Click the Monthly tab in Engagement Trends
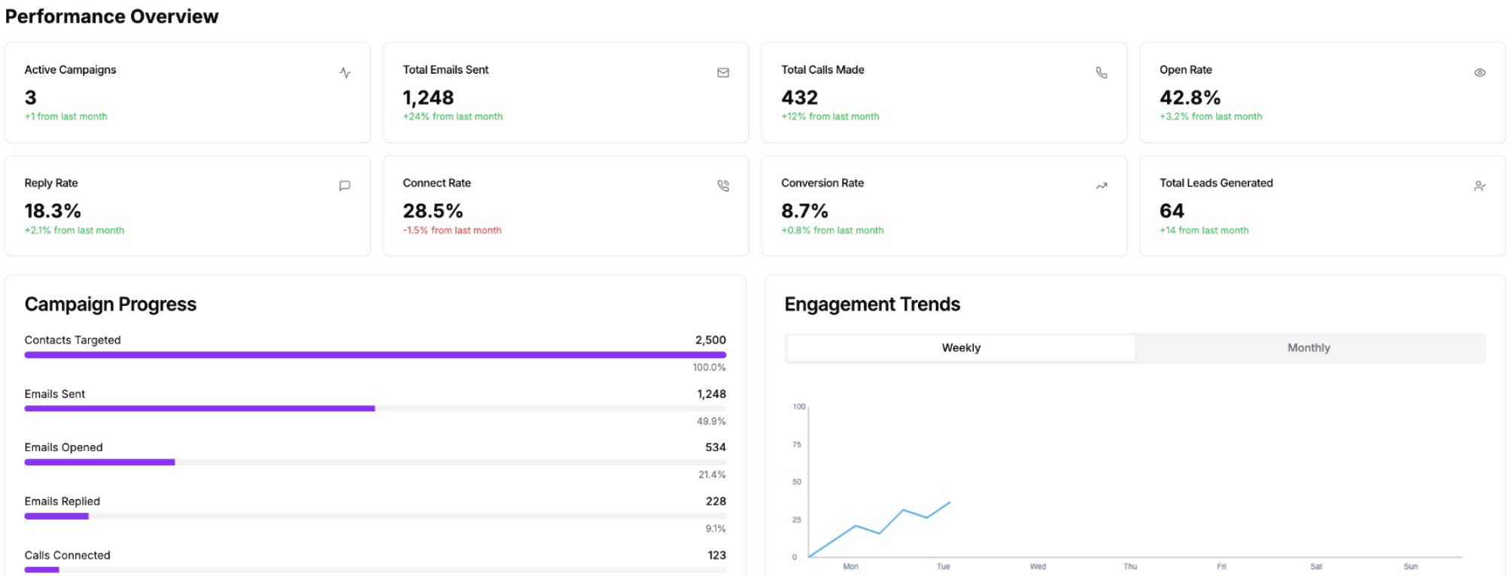tap(1309, 347)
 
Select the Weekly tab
tap(961, 347)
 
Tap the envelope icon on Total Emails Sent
tap(723, 73)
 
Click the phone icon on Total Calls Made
tap(1101, 73)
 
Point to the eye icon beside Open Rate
tap(1479, 73)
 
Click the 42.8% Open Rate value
tap(1190, 98)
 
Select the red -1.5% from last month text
tap(451, 230)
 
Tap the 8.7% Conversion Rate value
tap(804, 211)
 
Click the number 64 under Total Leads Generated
tap(1172, 211)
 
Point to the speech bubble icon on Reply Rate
tap(345, 186)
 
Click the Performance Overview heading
tap(111, 17)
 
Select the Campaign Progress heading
tap(111, 304)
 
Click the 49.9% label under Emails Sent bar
tap(710, 421)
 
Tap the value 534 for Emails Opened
tap(715, 447)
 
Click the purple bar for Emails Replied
tap(56, 516)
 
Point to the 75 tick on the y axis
tap(797, 444)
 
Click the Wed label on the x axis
tap(1038, 566)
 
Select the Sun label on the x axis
tap(1410, 566)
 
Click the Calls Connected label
tap(67, 555)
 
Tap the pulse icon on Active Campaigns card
tap(345, 73)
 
